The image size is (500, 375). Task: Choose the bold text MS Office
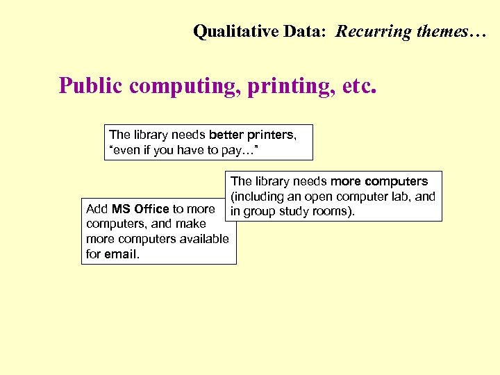[140, 208]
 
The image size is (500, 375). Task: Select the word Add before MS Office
[97, 208]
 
